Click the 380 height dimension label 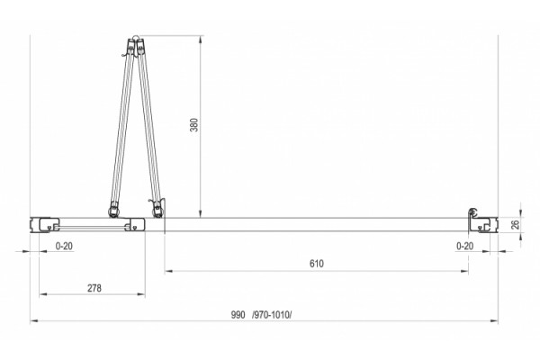coord(194,125)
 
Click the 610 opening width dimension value coord(317,264)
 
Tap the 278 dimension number coord(94,288)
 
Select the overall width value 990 coord(238,314)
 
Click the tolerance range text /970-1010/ coord(272,314)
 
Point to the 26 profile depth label coord(515,225)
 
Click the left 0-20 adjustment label coord(64,246)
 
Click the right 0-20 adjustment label coord(465,246)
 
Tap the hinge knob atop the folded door coord(135,39)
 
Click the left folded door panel coord(122,128)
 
